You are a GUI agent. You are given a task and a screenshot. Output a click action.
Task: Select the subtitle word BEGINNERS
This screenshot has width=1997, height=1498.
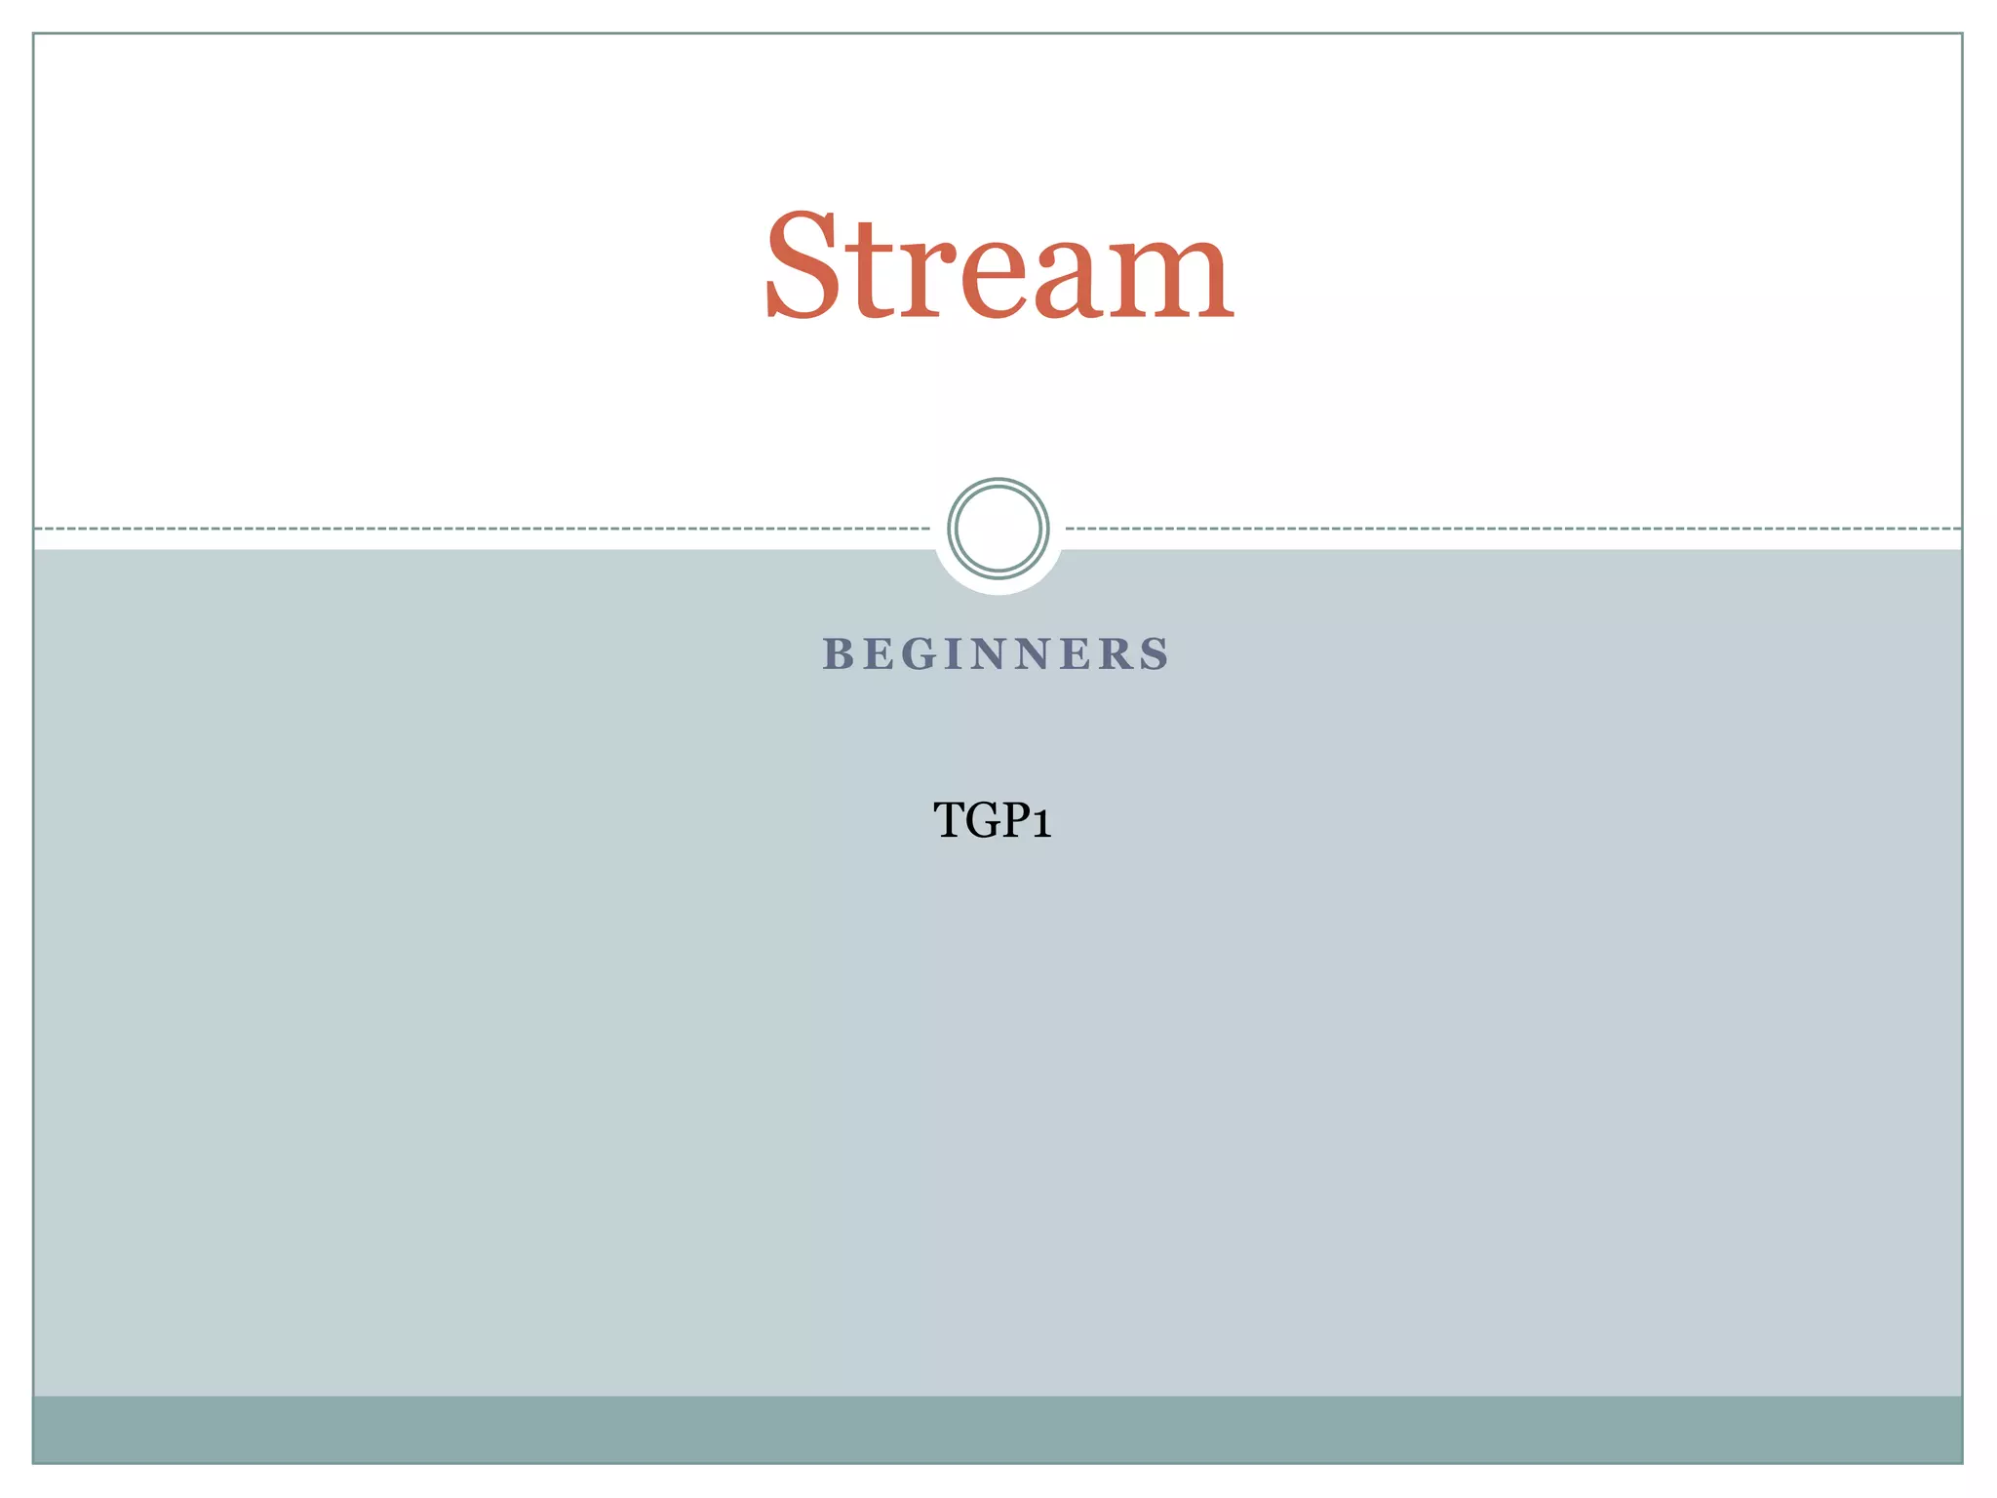tap(997, 654)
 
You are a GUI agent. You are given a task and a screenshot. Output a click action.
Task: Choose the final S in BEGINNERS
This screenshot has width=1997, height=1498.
tap(1156, 654)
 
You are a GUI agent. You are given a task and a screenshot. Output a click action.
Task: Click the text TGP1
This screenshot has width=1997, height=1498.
tap(993, 820)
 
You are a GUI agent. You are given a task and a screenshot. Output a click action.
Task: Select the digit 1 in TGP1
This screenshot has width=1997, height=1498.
tap(1041, 822)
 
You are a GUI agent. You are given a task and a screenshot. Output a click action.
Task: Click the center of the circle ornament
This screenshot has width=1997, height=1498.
tap(998, 529)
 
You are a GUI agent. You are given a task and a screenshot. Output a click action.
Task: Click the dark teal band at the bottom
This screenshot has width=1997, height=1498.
tap(998, 1429)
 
